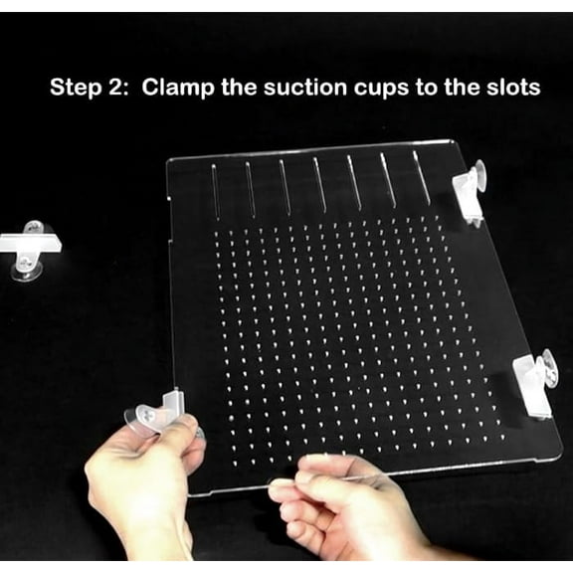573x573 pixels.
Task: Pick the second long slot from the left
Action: click(x=250, y=186)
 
